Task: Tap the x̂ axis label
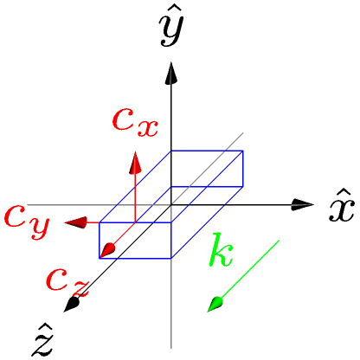(x=342, y=205)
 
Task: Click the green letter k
(x=221, y=250)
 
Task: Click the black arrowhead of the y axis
(x=171, y=74)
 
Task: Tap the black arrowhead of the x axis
(x=302, y=205)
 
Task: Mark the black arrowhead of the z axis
(x=71, y=305)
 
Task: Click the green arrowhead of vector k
(x=215, y=305)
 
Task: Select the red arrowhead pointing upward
(x=135, y=163)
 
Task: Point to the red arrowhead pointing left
(x=75, y=222)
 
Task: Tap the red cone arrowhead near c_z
(x=107, y=250)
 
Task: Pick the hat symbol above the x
(x=343, y=193)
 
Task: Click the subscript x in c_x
(x=148, y=129)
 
